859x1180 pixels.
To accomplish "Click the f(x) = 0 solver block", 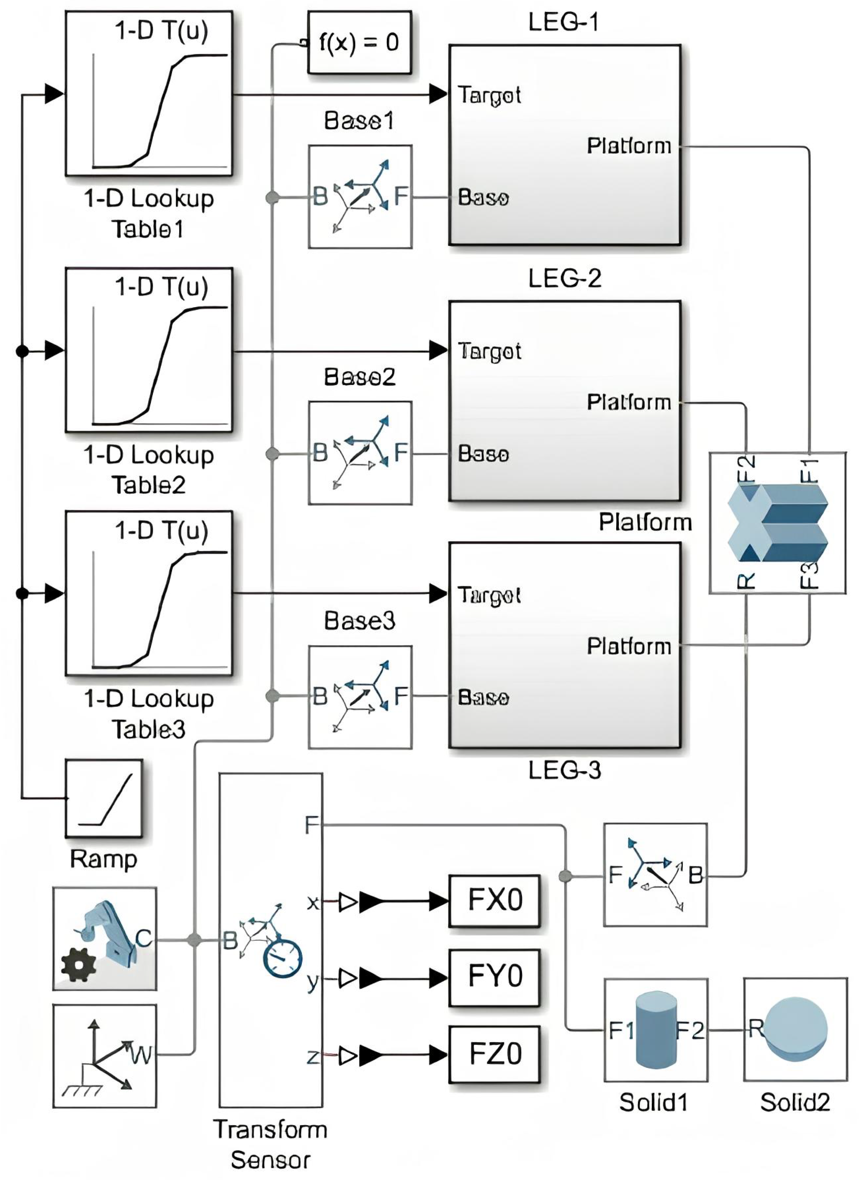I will pos(359,42).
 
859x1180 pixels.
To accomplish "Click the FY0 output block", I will pos(494,976).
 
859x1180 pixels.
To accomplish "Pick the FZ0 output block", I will pos(494,1054).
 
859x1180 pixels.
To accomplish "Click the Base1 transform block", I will pos(360,197).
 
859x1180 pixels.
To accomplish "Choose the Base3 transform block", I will pos(360,697).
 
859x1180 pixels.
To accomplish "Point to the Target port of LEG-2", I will pos(489,351).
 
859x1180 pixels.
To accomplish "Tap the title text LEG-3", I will pos(564,770).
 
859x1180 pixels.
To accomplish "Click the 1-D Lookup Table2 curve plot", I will pos(159,364).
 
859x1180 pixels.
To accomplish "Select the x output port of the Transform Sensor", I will pos(312,903).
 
